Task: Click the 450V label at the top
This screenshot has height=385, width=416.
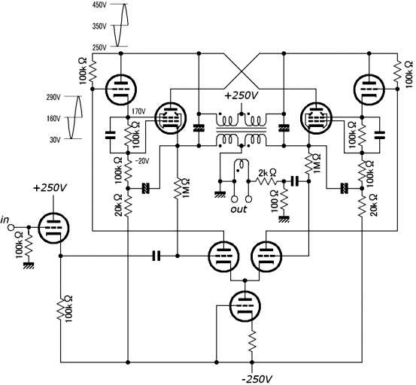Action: (99, 5)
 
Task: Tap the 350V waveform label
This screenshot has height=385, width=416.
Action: (99, 26)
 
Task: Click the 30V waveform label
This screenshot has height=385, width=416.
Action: (55, 139)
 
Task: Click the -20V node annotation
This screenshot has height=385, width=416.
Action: (142, 161)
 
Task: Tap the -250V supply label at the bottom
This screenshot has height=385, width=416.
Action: (255, 379)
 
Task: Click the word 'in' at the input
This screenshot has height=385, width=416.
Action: (5, 220)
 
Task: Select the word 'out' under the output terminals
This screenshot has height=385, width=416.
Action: (238, 209)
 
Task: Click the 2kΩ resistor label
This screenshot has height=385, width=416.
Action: (267, 173)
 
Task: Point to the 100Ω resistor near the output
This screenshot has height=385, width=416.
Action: (284, 201)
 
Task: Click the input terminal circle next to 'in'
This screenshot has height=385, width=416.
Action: (11, 227)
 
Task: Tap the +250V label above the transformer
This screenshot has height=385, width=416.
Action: (241, 95)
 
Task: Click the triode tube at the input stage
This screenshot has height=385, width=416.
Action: (53, 228)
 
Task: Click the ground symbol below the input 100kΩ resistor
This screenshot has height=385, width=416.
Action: (28, 265)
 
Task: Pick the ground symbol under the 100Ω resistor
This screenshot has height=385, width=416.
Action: (284, 220)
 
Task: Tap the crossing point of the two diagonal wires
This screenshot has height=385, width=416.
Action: (241, 71)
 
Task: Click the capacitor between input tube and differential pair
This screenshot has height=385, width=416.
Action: (156, 256)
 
